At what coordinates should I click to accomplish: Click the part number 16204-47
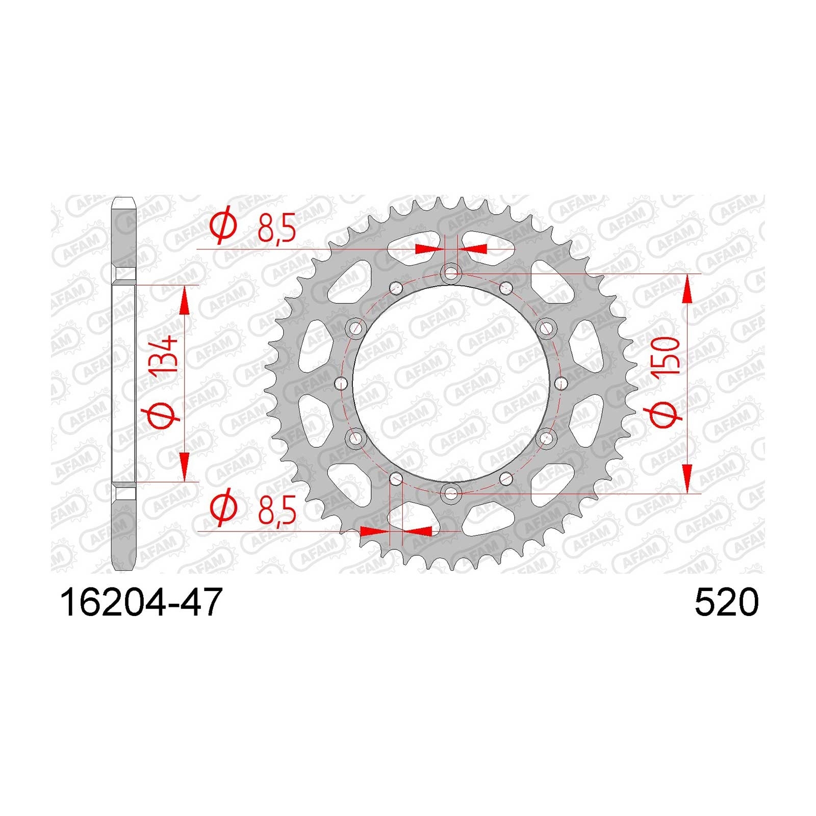pos(141,602)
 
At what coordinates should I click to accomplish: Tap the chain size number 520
pos(726,602)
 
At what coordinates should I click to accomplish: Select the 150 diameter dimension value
pos(669,356)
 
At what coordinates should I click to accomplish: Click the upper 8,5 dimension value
pos(277,228)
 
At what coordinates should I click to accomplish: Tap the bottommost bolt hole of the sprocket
pos(451,493)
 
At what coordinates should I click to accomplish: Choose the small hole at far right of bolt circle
pos(560,383)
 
